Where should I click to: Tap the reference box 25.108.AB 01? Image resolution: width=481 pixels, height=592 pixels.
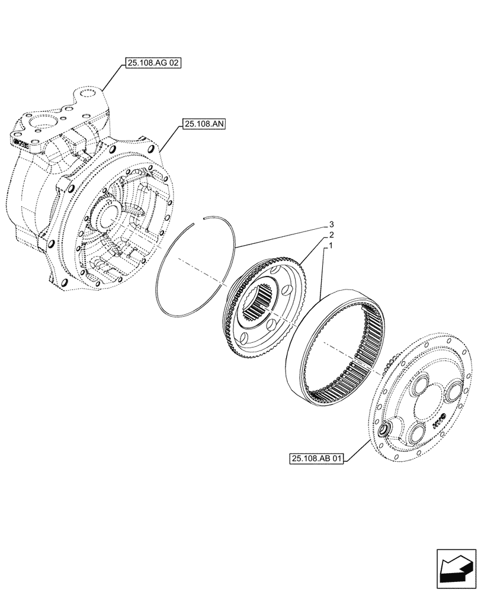pos(317,459)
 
